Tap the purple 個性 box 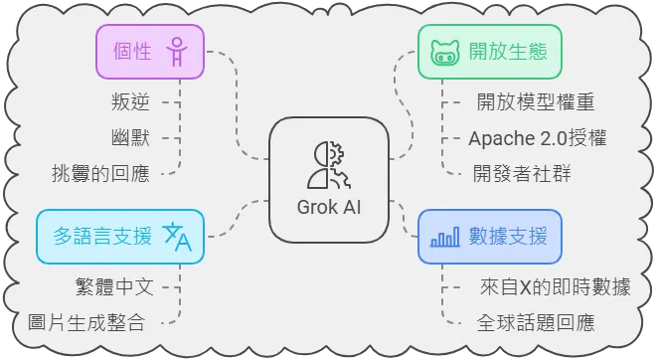[x=147, y=53]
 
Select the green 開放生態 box [x=488, y=53]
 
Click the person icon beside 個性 [x=177, y=53]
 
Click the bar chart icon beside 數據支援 [x=443, y=237]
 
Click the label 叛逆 [x=131, y=101]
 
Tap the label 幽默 [x=131, y=137]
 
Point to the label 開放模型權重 [x=535, y=101]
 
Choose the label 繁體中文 [x=114, y=286]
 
